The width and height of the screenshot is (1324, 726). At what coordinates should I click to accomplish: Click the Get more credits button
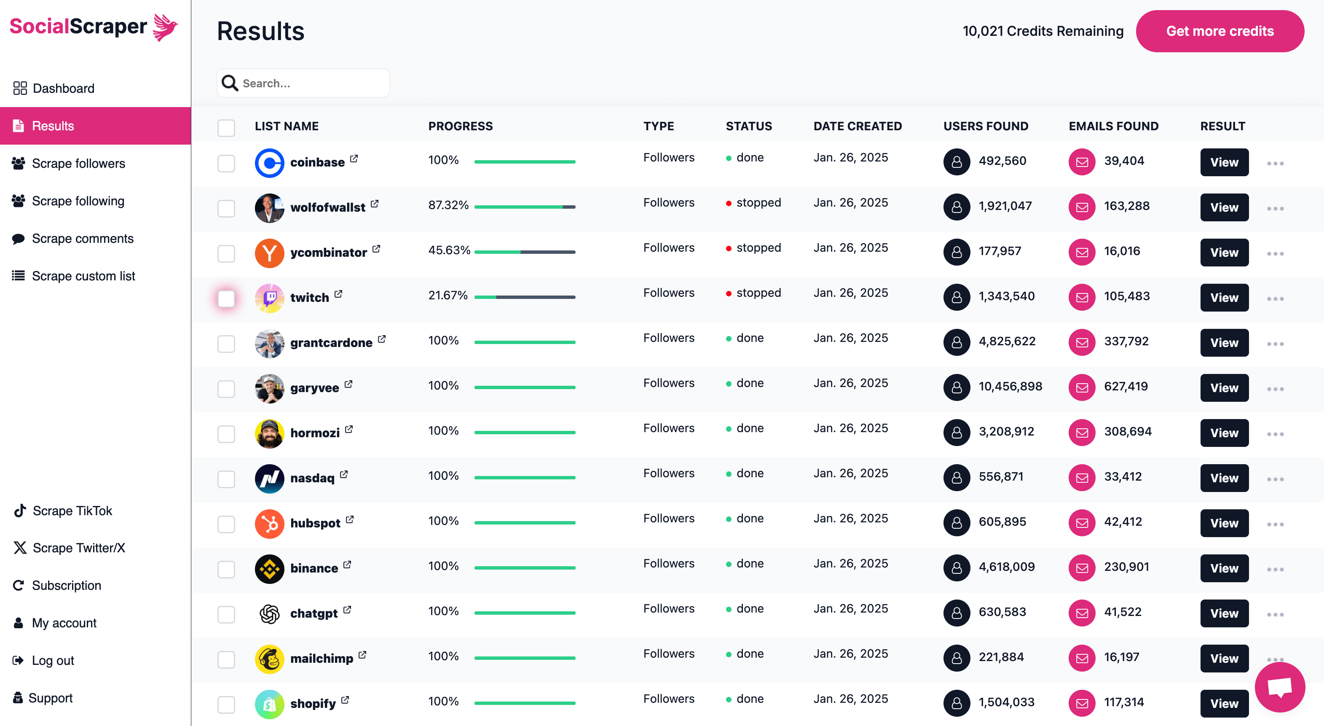point(1219,31)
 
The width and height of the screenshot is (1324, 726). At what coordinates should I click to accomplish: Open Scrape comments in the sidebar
point(82,239)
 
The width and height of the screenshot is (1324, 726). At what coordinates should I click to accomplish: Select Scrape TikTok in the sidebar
point(72,511)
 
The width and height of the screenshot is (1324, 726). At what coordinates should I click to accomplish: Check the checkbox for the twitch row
point(226,298)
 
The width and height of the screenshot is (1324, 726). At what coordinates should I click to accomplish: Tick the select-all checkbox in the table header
point(226,127)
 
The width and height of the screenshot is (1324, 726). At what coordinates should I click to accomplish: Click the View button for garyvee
point(1224,388)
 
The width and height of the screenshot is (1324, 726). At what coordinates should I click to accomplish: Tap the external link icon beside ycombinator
point(376,249)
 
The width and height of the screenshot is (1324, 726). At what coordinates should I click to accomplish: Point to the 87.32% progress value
point(448,205)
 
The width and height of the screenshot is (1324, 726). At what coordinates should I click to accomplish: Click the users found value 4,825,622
point(1006,341)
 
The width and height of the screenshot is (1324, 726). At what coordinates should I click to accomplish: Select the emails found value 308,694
point(1128,431)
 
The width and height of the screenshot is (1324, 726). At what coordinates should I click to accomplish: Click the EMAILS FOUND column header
point(1113,126)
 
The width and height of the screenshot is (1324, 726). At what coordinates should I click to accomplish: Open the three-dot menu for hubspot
point(1275,524)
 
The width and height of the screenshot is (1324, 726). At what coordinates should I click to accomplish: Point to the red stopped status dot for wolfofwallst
point(728,204)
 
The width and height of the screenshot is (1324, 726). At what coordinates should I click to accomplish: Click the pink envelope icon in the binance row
point(1082,567)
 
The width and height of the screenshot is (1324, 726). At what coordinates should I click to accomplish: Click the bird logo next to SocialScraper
point(166,27)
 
